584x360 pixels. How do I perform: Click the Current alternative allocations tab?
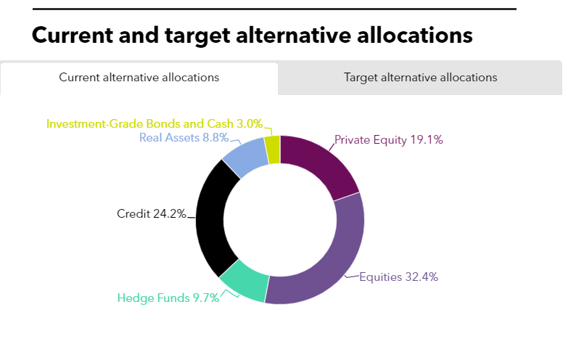coord(139,78)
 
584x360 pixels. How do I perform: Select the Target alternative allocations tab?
coord(420,78)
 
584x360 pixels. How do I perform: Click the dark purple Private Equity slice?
coord(316,164)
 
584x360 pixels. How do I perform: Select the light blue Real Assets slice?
coord(244,158)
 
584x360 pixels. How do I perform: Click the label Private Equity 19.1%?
coord(388,140)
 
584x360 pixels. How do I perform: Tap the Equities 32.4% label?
coord(399,277)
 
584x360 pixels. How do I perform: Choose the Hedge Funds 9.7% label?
coord(168,298)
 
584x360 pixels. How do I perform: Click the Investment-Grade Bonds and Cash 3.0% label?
coord(155,123)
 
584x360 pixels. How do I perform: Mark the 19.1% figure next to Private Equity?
coord(428,140)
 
